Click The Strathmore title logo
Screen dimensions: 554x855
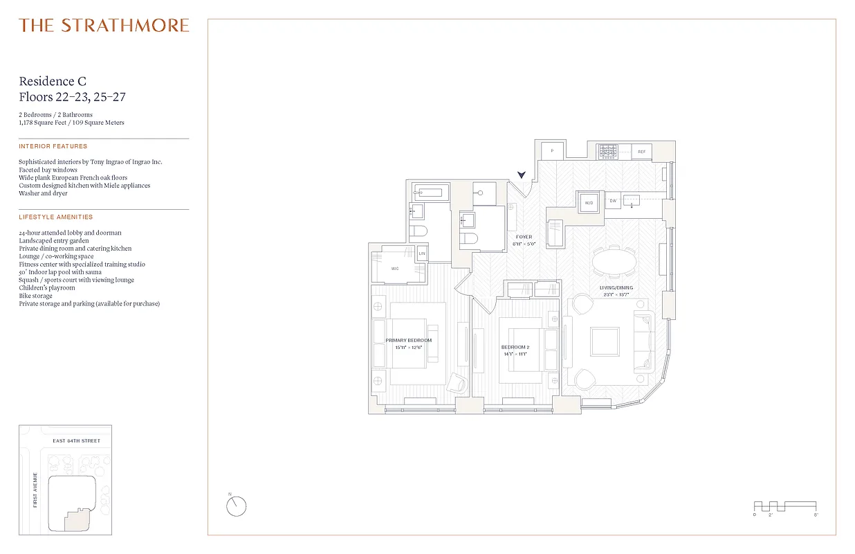104,26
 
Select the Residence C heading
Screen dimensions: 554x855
53,82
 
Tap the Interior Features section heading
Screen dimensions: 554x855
53,146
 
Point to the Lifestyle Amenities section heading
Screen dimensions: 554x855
56,217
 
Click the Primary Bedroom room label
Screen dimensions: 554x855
409,340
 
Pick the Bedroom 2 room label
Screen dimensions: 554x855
515,346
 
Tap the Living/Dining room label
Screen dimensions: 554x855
616,287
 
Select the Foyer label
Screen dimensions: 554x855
524,237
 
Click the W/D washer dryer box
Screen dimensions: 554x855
589,203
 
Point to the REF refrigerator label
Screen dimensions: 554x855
641,151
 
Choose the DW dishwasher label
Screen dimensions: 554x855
612,201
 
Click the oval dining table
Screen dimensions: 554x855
615,262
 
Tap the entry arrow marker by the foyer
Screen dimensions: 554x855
522,176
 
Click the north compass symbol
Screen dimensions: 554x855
236,506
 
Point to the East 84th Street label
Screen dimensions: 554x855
76,440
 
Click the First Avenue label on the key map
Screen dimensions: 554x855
35,490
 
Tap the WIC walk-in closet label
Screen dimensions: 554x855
394,269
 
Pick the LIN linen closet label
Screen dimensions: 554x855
422,253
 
